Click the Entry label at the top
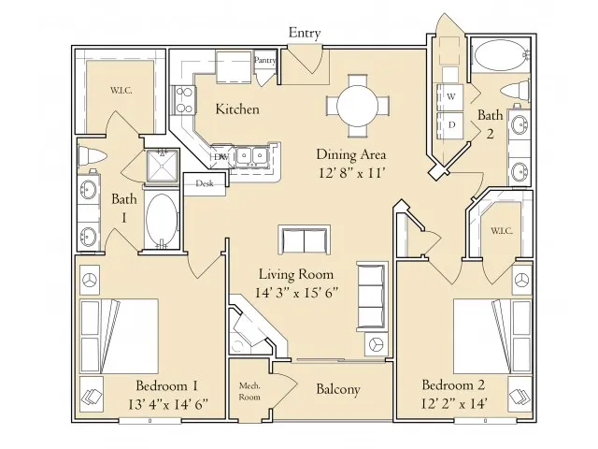[x=305, y=33]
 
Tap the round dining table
[x=358, y=106]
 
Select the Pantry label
[x=264, y=60]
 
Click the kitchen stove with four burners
[x=185, y=100]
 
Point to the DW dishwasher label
[x=221, y=156]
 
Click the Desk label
[x=205, y=183]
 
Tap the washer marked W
[x=450, y=97]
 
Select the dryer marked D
[x=450, y=125]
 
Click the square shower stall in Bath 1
[x=163, y=166]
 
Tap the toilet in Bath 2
[x=516, y=92]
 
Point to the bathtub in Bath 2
[x=500, y=55]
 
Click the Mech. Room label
[x=249, y=391]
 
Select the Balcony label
[x=338, y=389]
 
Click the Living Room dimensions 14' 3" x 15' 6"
[x=297, y=293]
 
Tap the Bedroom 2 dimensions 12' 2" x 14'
[x=454, y=403]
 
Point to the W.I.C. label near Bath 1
[x=121, y=91]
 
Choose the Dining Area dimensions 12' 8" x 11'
[x=351, y=173]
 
